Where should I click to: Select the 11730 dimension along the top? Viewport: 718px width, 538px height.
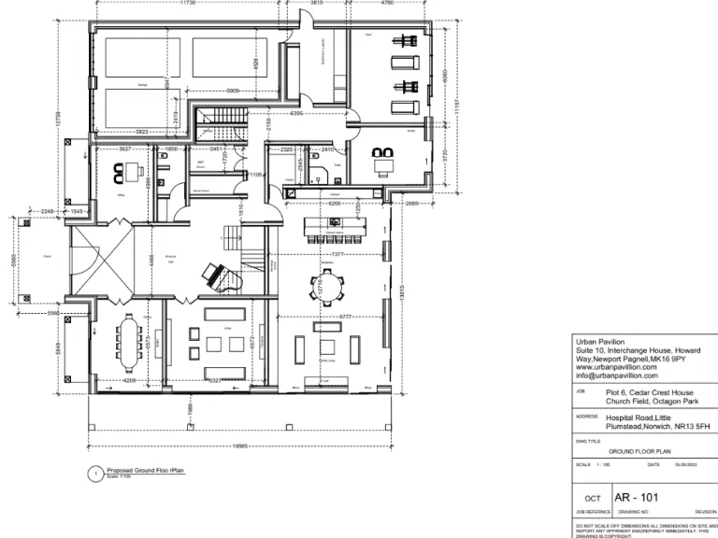tap(187, 4)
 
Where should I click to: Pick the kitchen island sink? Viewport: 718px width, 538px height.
tap(335, 221)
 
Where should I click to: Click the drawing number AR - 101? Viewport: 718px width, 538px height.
tap(636, 497)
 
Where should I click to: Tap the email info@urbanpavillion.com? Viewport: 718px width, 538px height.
tap(618, 376)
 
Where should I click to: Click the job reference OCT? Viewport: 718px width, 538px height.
tap(592, 498)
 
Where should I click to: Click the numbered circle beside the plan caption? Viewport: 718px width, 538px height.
tap(93, 474)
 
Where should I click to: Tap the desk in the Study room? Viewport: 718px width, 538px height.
tap(383, 165)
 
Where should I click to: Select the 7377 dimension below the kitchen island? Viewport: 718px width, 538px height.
tap(338, 253)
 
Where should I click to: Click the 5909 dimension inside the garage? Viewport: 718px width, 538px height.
tap(234, 91)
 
